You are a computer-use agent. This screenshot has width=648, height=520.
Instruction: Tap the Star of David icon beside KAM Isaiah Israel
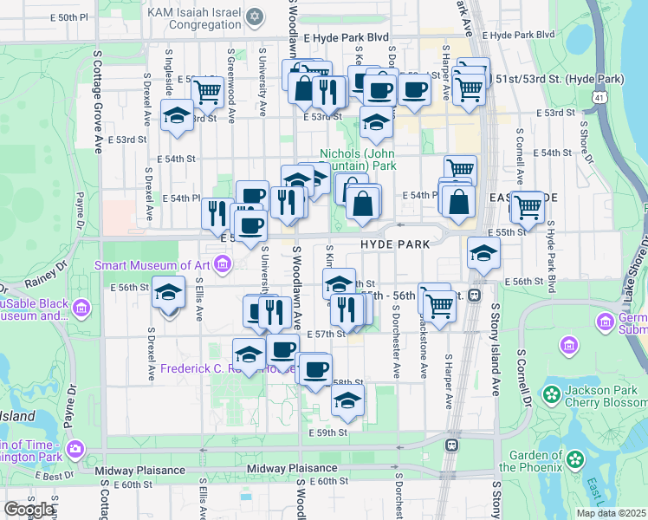point(254,16)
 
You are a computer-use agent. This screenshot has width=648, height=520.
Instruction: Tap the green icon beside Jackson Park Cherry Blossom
point(551,395)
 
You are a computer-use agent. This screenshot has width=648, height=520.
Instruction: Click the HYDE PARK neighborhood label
point(395,245)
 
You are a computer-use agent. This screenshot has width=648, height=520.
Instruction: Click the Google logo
point(29,510)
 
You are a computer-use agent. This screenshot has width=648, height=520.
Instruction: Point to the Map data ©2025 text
point(611,513)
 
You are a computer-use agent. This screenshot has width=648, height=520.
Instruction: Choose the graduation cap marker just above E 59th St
point(347,400)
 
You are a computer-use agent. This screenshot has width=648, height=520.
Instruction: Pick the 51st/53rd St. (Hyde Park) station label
point(560,79)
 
